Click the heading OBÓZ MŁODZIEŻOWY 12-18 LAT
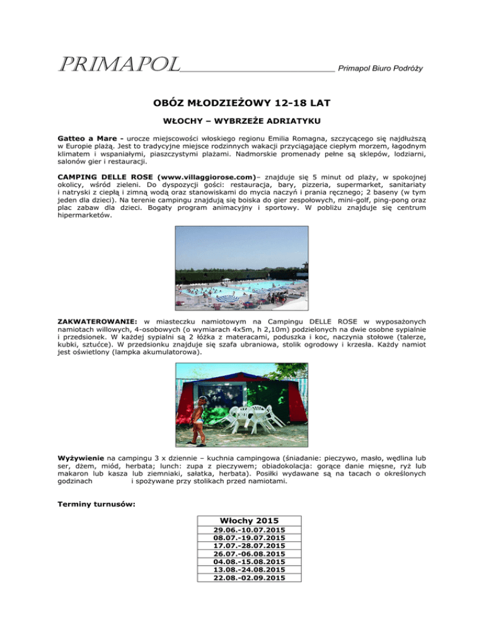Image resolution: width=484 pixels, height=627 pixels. pyautogui.click(x=241, y=100)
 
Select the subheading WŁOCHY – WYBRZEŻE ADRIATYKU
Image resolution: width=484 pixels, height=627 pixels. pyautogui.click(x=241, y=120)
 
